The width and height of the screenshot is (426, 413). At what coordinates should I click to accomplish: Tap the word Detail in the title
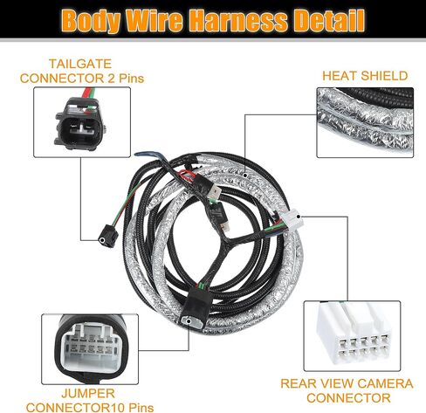(x=329, y=20)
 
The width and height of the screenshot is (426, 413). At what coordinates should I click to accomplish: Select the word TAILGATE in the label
(x=80, y=64)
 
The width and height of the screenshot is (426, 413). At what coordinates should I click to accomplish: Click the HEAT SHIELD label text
(x=365, y=76)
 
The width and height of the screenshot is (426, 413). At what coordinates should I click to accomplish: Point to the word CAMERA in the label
(x=385, y=383)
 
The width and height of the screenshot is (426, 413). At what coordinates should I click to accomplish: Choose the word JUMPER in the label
(x=88, y=394)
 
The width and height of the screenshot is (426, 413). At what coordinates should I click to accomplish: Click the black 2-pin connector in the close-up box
(x=79, y=124)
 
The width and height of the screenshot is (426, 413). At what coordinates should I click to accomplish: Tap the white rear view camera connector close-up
(x=353, y=336)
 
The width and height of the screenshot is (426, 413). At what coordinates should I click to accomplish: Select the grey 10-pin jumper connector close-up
(x=89, y=348)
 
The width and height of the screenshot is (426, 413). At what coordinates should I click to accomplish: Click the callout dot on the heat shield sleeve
(x=245, y=176)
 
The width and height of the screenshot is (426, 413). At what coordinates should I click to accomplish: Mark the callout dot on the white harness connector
(x=298, y=217)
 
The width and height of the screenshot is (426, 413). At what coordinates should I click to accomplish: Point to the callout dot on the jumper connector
(x=189, y=321)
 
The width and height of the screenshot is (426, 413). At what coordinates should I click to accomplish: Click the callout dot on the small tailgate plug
(x=102, y=240)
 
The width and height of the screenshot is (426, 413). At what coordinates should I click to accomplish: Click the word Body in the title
(x=91, y=21)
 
